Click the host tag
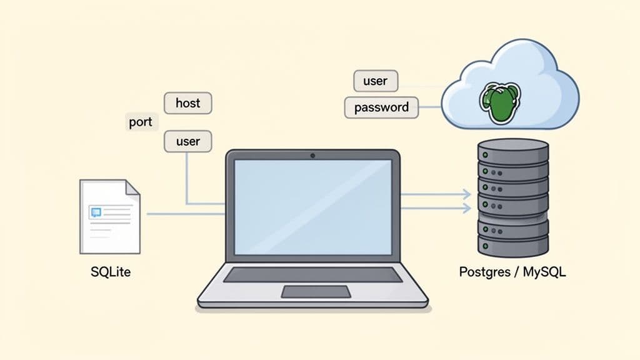click(x=187, y=102)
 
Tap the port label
click(x=141, y=122)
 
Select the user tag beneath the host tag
click(x=187, y=141)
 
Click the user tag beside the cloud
click(x=375, y=81)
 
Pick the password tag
click(x=381, y=107)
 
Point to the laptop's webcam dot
click(x=312, y=155)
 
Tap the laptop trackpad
click(x=316, y=291)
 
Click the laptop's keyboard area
click(x=312, y=274)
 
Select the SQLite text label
click(x=111, y=273)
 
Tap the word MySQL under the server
click(x=544, y=272)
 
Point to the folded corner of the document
click(x=132, y=187)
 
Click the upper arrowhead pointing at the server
click(x=466, y=194)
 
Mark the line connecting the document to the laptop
click(x=185, y=214)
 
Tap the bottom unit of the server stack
click(x=512, y=246)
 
